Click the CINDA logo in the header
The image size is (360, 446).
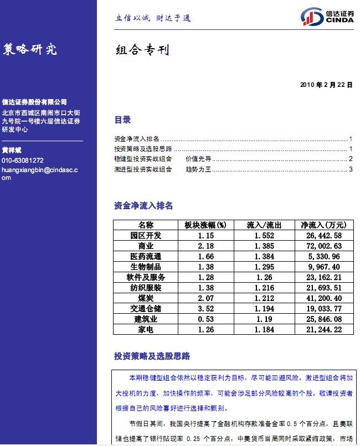coord(327,17)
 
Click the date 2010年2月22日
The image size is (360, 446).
coord(326,85)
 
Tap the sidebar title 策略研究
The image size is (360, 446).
coord(30,49)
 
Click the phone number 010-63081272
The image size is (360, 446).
coord(23,160)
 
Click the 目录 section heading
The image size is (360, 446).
coord(122,120)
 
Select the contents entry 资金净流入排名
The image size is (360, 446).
coord(136,139)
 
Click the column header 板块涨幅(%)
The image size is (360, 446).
coord(205,225)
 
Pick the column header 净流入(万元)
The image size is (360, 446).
coord(323,225)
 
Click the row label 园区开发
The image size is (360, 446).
coord(146,236)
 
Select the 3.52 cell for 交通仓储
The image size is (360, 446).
coord(205,309)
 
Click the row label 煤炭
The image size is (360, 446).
coord(146,298)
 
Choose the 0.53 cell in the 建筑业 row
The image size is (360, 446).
coord(205,319)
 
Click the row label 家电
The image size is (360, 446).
coord(146,330)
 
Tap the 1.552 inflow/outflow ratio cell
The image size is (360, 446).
coord(264,236)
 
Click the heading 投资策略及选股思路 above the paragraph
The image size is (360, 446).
coord(152,356)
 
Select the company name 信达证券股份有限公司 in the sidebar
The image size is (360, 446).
coord(34,102)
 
